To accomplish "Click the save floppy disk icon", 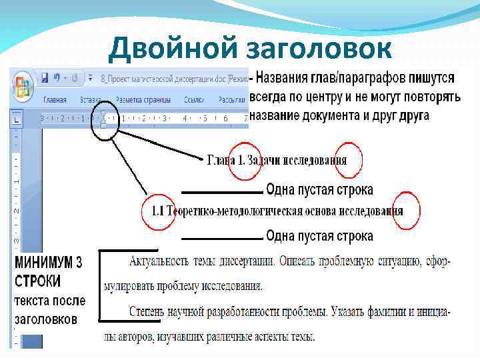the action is [x=45, y=77].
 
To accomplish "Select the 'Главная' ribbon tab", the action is [x=55, y=100].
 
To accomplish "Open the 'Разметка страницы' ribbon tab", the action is [x=143, y=100].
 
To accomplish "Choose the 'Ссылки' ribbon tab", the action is [x=195, y=100].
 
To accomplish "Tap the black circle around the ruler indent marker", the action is [x=105, y=121].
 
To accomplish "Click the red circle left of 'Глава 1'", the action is [x=244, y=160].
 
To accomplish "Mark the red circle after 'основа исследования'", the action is [x=407, y=211].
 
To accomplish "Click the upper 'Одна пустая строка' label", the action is [x=319, y=190].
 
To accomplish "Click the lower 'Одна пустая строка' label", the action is [x=319, y=236].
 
